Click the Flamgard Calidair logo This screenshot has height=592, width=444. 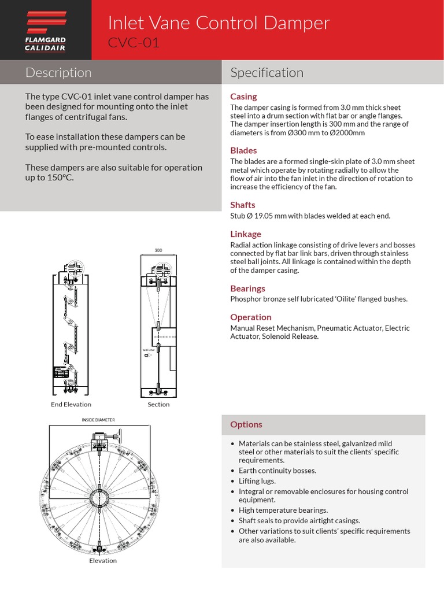[x=45, y=30]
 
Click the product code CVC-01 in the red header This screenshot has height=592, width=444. [x=134, y=43]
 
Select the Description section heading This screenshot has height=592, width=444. [x=58, y=73]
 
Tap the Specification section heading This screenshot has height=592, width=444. [x=267, y=73]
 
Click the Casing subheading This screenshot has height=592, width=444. [x=243, y=97]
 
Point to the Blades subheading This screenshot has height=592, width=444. [x=243, y=151]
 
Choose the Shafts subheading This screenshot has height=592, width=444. [x=242, y=205]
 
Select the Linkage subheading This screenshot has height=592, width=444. [x=246, y=234]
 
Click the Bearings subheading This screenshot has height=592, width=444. [x=247, y=288]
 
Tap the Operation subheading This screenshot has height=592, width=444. [x=250, y=317]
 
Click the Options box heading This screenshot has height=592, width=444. [x=246, y=424]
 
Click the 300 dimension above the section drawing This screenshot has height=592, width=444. [x=158, y=250]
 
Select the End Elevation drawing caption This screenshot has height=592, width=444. [x=71, y=404]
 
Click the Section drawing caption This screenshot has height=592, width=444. [x=158, y=404]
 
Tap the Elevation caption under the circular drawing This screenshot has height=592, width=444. [x=103, y=560]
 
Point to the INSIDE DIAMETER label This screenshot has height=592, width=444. [x=98, y=420]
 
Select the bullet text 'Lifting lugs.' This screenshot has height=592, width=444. [x=257, y=481]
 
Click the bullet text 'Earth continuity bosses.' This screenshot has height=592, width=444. [x=277, y=471]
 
